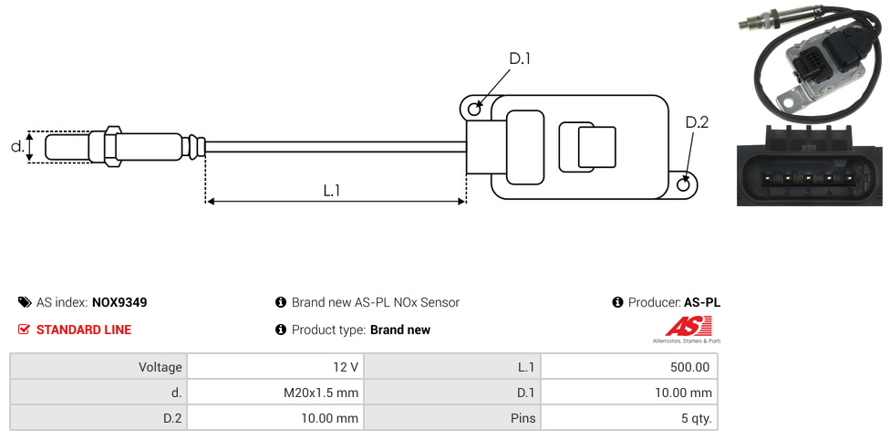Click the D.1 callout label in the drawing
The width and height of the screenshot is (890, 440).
pyautogui.click(x=519, y=59)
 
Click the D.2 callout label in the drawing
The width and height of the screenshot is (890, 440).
pyautogui.click(x=696, y=123)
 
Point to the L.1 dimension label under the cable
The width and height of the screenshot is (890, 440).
pyautogui.click(x=332, y=191)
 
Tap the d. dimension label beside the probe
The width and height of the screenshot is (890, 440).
pyautogui.click(x=16, y=146)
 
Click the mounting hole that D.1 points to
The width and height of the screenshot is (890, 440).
pyautogui.click(x=474, y=110)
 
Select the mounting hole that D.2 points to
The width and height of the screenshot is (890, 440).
pyautogui.click(x=685, y=185)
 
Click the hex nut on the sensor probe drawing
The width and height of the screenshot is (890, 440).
pyautogui.click(x=113, y=146)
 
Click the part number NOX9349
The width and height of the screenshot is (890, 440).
pyautogui.click(x=119, y=302)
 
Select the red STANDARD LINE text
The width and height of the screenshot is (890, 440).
pyautogui.click(x=84, y=330)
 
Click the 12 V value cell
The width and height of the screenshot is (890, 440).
pyautogui.click(x=274, y=367)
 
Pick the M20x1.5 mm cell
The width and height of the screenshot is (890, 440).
pyautogui.click(x=274, y=393)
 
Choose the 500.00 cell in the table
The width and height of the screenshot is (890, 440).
pyautogui.click(x=629, y=367)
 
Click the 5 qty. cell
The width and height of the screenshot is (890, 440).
pyautogui.click(x=629, y=418)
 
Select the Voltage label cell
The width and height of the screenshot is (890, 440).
pyautogui.click(x=98, y=367)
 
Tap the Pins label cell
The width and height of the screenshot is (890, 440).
pyautogui.click(x=451, y=418)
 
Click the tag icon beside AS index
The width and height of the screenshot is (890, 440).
pyautogui.click(x=25, y=302)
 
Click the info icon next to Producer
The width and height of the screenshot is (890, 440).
pyautogui.click(x=617, y=302)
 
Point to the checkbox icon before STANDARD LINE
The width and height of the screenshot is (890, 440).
pyautogui.click(x=25, y=330)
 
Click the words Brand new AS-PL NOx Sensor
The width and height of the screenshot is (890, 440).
pyautogui.click(x=375, y=302)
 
